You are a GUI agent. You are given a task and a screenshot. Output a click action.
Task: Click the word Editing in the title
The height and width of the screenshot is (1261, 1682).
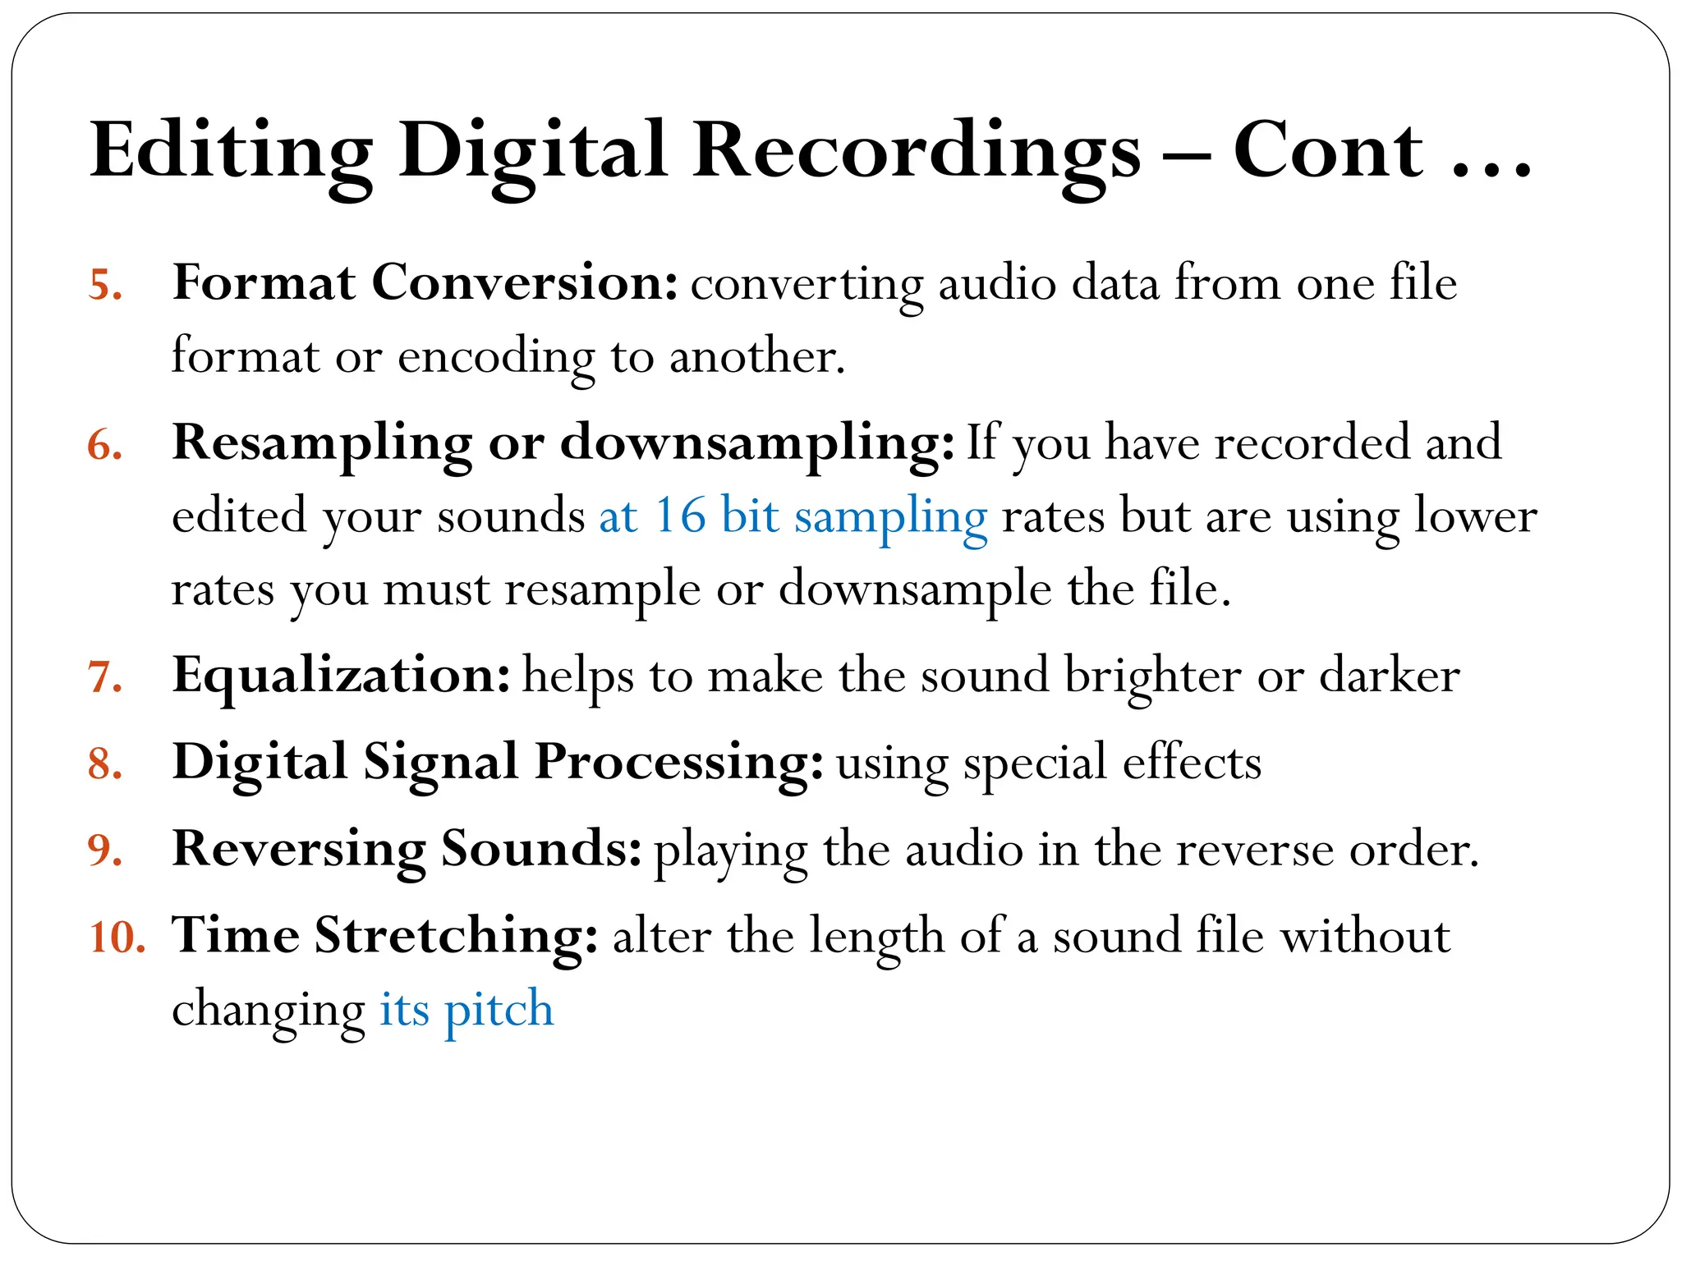tap(231, 153)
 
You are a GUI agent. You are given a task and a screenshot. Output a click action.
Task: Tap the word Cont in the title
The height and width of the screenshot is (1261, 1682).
tap(1327, 151)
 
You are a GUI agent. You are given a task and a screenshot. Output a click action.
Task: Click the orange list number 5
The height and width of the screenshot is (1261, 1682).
tap(105, 286)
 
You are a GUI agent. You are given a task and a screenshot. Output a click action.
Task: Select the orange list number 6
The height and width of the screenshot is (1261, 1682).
tap(105, 446)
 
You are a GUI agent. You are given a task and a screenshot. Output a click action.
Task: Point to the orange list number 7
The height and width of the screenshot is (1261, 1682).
tap(105, 678)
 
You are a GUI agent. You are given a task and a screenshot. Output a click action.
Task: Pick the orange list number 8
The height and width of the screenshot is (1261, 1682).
tap(105, 764)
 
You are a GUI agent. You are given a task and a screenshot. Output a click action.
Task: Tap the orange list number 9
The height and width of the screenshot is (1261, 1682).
tap(105, 851)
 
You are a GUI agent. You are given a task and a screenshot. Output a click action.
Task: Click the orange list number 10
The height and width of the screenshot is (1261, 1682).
tap(117, 938)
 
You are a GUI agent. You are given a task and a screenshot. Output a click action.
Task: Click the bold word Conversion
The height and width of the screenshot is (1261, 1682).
tap(525, 283)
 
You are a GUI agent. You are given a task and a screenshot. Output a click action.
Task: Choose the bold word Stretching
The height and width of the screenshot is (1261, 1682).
tap(456, 936)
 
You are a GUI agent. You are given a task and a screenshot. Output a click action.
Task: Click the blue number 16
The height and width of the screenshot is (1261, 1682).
tap(680, 517)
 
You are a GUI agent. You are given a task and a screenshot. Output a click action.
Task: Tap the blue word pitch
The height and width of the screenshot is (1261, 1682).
tap(499, 1011)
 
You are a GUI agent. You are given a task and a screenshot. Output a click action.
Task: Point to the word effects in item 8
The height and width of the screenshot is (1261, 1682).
tap(1192, 763)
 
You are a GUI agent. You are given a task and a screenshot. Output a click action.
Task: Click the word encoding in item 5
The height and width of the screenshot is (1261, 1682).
tap(496, 358)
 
